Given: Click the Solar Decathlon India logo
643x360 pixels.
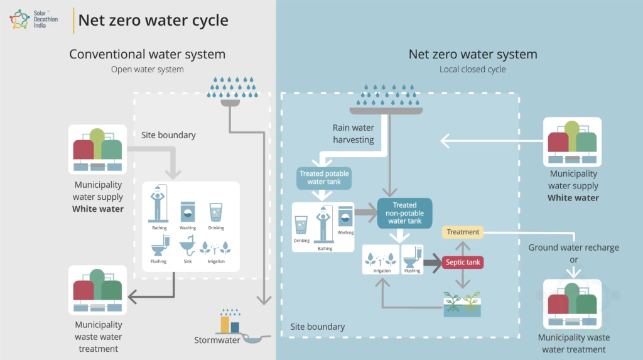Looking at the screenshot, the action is pos(19,19).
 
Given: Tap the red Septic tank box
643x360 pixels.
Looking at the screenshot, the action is pos(463,262).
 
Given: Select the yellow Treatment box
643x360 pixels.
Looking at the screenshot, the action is pos(463,232).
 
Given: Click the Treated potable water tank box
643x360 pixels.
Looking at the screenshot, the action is pos(324,178).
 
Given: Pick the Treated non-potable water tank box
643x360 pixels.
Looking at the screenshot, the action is pos(405,213).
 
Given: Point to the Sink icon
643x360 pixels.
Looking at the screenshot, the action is pos(187,246).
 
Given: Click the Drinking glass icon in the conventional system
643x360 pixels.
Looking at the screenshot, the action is pos(216,212).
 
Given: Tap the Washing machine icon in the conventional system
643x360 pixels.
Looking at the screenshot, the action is pos(188,212).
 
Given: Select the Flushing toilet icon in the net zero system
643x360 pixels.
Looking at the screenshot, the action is pos(413,258).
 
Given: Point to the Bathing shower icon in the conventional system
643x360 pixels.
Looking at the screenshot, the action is pos(158,204).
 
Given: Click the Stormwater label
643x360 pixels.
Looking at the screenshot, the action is pos(217,341).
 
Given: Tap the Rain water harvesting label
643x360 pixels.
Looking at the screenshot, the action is pos(353,134).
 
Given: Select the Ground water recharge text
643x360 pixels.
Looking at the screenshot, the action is pos(573,248).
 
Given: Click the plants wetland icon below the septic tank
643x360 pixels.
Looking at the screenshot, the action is pos(462,304).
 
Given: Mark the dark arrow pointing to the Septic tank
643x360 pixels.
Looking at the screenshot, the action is pos(432,263).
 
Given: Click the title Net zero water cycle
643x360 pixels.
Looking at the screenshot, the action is pos(153,20).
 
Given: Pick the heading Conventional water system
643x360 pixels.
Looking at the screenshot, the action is pos(147,54).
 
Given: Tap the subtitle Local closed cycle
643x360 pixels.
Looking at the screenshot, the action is pos(472,69).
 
